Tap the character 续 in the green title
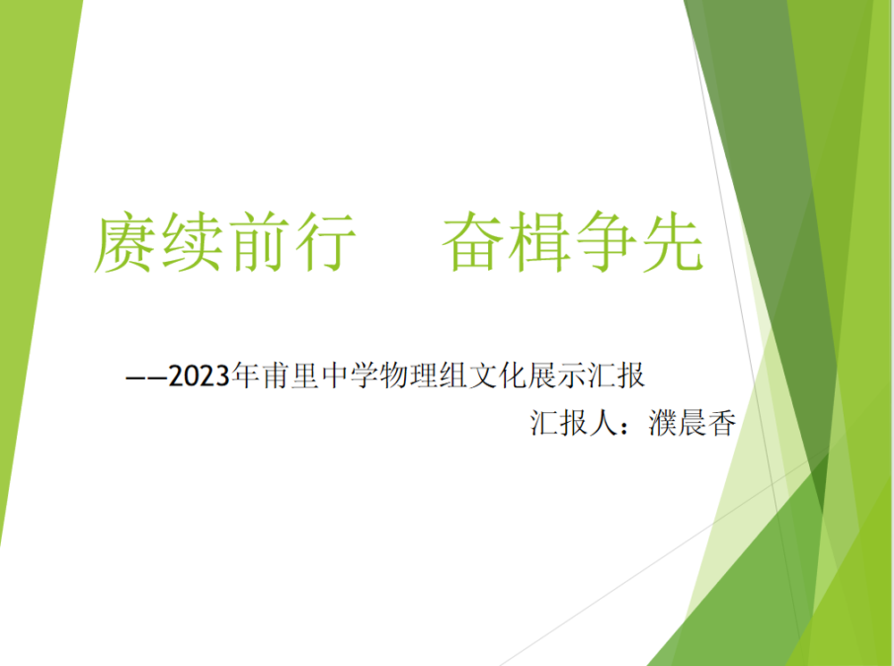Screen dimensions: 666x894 point(190,242)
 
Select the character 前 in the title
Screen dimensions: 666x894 point(258,242)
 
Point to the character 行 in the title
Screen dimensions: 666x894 point(324,242)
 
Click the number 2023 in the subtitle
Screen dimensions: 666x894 point(198,375)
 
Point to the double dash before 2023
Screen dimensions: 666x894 point(147,377)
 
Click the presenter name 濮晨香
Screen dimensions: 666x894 point(692,423)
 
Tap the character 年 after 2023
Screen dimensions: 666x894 point(244,375)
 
